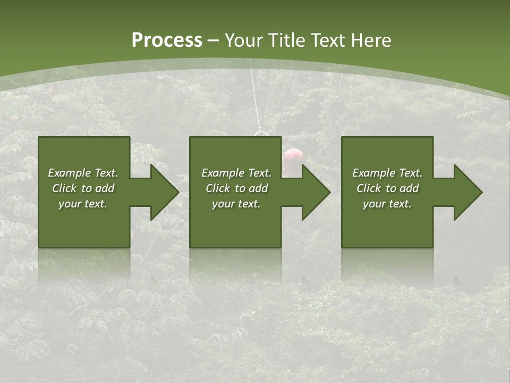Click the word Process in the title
[167, 40]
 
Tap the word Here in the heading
[371, 40]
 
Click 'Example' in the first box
[69, 173]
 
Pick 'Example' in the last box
[373, 173]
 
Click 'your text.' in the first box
[83, 204]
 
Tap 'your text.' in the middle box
[236, 204]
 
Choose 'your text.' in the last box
[387, 204]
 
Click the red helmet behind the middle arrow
[293, 155]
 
